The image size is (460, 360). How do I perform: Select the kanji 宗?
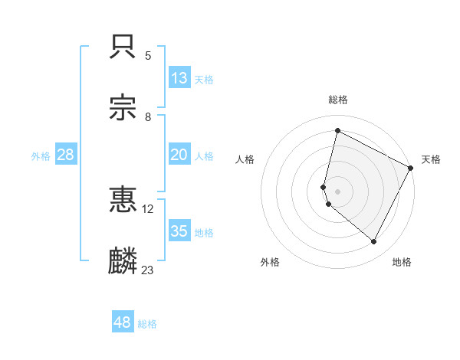click(123, 108)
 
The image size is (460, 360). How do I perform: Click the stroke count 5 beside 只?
click(148, 56)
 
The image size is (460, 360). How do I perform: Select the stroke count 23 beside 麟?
click(148, 270)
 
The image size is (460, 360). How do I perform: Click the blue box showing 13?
click(179, 78)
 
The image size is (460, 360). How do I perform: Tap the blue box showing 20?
click(179, 155)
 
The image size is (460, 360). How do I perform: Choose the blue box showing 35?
click(179, 231)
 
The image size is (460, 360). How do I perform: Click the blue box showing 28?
click(66, 155)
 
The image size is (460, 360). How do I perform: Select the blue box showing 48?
click(123, 322)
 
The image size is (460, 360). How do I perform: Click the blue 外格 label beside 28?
click(41, 156)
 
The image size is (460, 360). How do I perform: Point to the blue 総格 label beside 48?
click(147, 324)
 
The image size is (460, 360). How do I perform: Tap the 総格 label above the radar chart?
click(338, 100)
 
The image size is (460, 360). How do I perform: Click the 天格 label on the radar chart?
click(432, 159)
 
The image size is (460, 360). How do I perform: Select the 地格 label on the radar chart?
click(402, 263)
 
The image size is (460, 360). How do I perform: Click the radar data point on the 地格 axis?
click(374, 242)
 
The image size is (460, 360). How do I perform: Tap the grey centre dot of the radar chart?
click(338, 191)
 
